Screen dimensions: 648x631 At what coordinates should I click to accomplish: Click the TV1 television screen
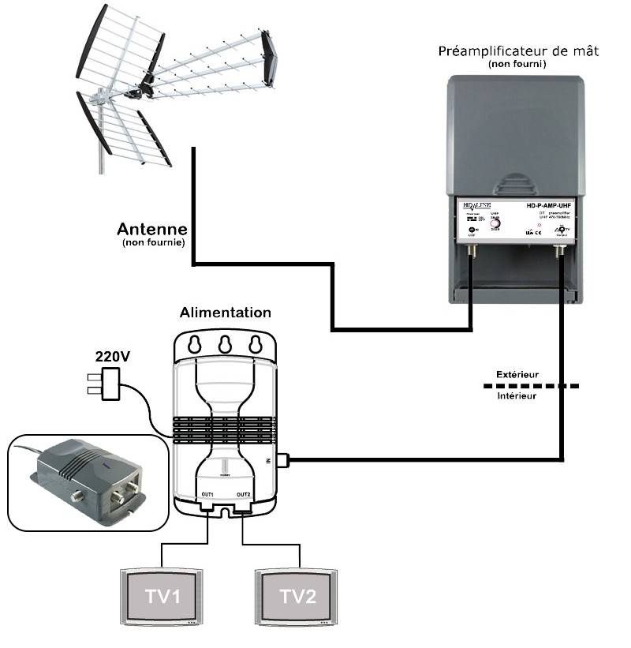162,596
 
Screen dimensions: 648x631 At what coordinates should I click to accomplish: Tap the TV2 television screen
297,596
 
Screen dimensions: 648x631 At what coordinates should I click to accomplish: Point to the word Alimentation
226,313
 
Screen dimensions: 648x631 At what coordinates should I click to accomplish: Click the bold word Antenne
152,229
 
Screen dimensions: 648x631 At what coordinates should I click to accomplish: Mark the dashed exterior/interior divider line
530,385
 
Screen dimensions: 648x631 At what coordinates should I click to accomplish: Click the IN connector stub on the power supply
287,459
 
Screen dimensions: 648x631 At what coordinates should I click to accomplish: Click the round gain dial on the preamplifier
495,222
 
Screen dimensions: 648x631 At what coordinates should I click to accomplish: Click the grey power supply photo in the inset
87,479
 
